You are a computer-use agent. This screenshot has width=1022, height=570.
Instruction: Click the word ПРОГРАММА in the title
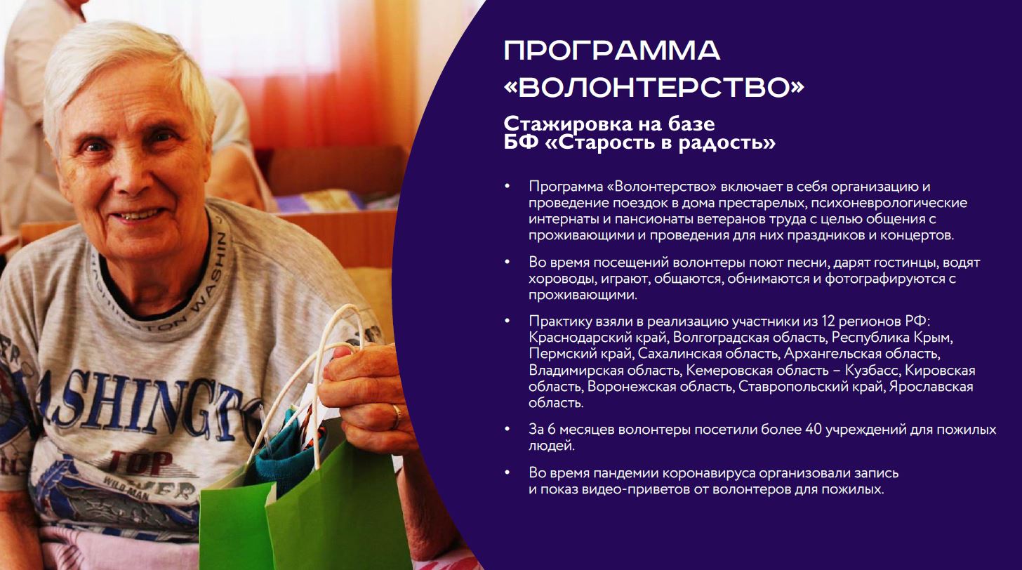coord(612,51)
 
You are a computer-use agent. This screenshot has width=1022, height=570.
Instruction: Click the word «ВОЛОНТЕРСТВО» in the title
coord(653,88)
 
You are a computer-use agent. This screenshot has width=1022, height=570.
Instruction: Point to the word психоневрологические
coord(889,203)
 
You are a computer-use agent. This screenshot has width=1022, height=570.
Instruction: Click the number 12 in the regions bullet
coord(828,322)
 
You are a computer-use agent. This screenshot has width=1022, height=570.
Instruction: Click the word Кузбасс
coord(872,371)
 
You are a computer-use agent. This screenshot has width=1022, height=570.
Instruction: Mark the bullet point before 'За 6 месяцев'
coord(507,429)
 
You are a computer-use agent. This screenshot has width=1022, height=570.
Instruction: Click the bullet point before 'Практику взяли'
coord(507,321)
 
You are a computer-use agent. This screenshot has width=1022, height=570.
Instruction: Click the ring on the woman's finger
coord(397,416)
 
